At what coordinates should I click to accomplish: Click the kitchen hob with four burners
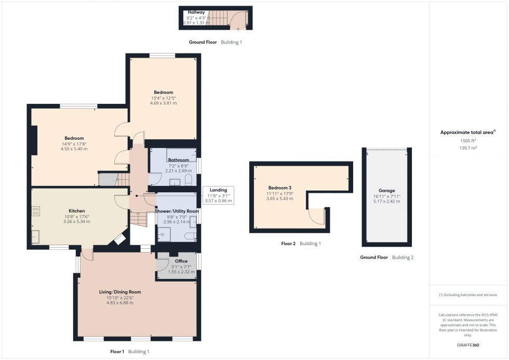coord(36,211)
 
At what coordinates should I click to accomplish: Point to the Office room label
coord(181,261)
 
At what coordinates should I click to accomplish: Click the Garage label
coord(386,191)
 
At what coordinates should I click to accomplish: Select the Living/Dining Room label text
coord(120,292)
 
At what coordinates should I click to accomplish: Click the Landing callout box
coord(218,195)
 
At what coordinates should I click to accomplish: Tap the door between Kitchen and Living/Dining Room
coord(87,254)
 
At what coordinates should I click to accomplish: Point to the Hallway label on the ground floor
coord(196,12)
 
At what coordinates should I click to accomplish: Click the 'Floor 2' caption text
coord(288,244)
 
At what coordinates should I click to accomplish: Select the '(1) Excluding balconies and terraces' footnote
coord(468,295)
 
